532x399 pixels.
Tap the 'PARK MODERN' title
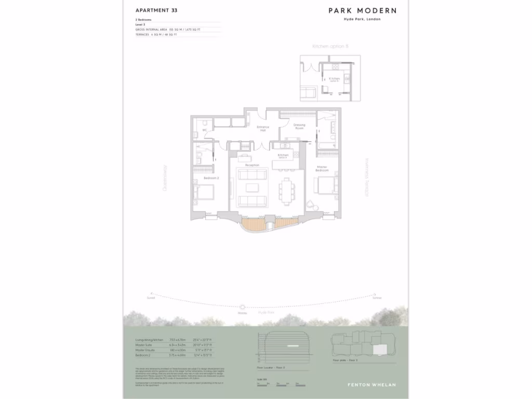[362, 10]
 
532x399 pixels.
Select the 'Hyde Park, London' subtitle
[362, 19]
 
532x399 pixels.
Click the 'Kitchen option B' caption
[330, 46]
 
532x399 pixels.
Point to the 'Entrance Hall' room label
[263, 128]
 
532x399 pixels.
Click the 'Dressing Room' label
[299, 126]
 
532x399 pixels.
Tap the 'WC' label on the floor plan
[205, 130]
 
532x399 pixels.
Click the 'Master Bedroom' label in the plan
[322, 169]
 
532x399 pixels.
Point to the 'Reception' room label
[252, 165]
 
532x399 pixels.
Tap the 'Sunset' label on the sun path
[151, 298]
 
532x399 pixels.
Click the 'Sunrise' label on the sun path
[377, 298]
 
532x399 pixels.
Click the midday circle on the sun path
[242, 307]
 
